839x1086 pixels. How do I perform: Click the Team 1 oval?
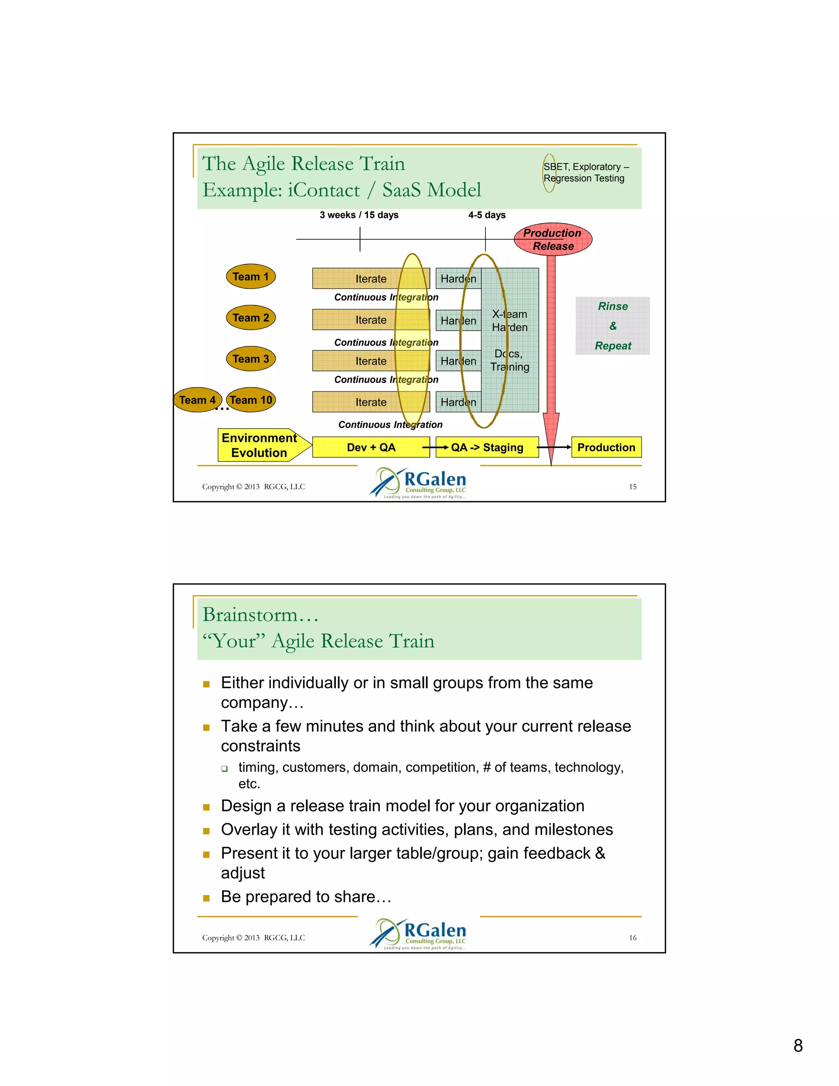click(250, 277)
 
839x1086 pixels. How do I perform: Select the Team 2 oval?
click(250, 318)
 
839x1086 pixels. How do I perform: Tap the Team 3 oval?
click(250, 359)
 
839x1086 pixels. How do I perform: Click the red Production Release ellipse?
click(553, 239)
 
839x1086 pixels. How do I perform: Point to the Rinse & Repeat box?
click(612, 326)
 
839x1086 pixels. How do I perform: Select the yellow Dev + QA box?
click(371, 447)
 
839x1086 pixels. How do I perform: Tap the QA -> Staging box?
click(487, 447)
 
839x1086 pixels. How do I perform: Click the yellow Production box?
click(606, 447)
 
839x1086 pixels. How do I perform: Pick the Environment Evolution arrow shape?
click(261, 445)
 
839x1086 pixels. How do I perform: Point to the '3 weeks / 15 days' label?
click(359, 215)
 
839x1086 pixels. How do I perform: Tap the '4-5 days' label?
click(487, 215)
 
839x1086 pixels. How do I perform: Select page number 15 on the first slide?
click(632, 487)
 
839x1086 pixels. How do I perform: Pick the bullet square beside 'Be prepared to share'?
click(206, 898)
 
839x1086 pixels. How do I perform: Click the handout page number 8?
click(798, 1046)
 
